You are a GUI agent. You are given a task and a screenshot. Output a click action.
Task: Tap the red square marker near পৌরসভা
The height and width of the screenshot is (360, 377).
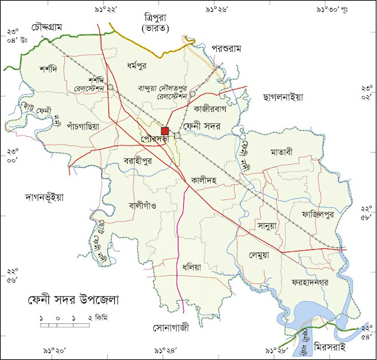[x=166, y=131]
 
